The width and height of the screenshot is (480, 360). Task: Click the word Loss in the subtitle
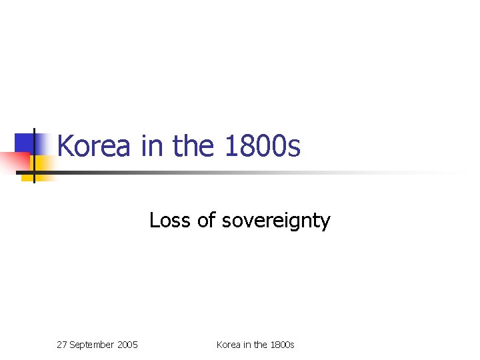tap(171, 220)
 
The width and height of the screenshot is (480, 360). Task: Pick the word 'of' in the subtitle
tap(206, 220)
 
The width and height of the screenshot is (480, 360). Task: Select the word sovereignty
tap(276, 221)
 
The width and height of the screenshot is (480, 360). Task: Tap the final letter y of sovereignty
tap(325, 223)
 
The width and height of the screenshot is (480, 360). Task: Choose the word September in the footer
tap(93, 345)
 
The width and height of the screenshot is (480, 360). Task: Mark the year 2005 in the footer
tap(127, 345)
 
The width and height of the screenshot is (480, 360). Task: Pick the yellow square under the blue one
tap(42, 165)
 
